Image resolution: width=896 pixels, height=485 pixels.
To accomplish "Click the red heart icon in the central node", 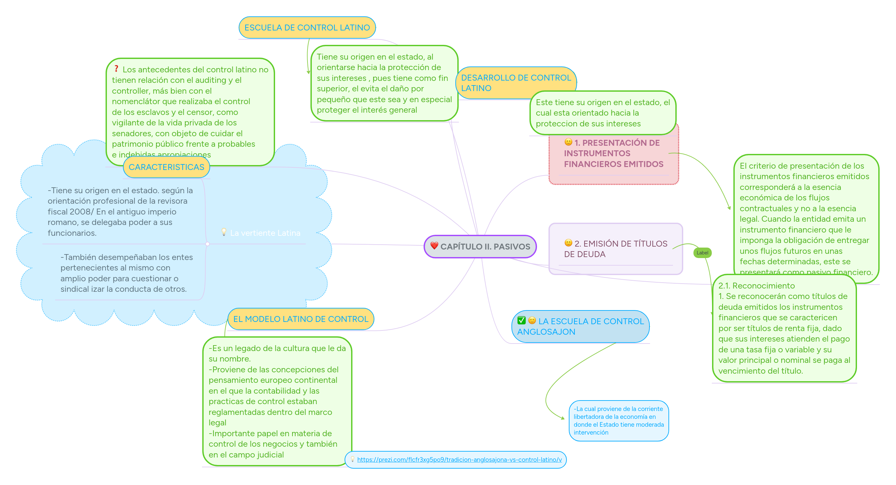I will click(x=434, y=246).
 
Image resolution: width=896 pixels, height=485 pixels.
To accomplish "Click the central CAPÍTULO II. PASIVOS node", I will click(x=480, y=247).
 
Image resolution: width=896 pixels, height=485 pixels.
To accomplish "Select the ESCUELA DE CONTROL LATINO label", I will click(x=307, y=28).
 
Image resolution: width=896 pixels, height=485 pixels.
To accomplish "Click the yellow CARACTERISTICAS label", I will click(x=166, y=167).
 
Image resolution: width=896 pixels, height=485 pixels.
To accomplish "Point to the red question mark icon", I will click(x=116, y=69).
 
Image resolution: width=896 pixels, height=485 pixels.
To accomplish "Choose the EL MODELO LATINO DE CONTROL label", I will click(x=301, y=319).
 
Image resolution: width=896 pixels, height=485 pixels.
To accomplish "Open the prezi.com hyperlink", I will click(x=459, y=460).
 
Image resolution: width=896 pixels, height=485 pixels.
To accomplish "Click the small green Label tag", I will click(x=702, y=252).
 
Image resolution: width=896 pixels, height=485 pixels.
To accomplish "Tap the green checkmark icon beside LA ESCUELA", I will click(x=521, y=320).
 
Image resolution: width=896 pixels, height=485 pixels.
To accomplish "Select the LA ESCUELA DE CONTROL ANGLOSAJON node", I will click(x=580, y=326).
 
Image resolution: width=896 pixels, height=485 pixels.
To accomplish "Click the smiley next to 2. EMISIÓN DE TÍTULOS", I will click(x=568, y=242).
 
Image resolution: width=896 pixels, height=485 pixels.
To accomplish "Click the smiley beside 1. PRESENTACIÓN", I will click(x=568, y=142).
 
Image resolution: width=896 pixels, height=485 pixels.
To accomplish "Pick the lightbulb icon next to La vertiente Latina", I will click(x=224, y=232).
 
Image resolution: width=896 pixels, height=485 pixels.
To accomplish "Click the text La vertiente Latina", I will click(x=265, y=233).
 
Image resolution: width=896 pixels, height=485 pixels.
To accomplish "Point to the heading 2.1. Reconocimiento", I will click(x=757, y=286).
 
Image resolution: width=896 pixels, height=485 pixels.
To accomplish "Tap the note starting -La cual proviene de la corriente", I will click(x=618, y=421).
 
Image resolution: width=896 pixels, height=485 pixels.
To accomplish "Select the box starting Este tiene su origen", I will click(x=603, y=113).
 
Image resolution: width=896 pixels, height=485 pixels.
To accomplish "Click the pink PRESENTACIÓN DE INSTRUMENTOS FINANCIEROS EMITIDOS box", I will click(x=614, y=160).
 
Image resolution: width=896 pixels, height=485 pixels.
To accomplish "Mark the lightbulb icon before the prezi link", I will click(x=352, y=459).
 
